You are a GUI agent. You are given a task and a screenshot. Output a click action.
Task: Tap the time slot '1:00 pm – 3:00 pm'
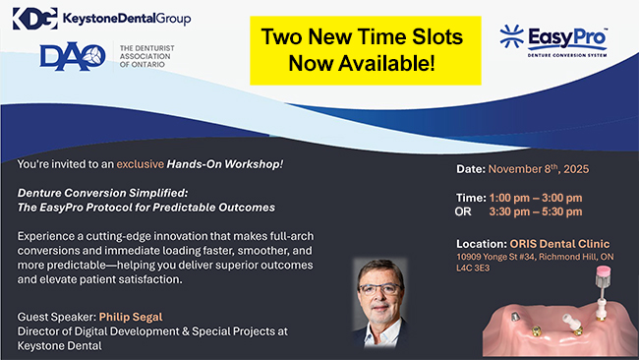[x=534, y=198]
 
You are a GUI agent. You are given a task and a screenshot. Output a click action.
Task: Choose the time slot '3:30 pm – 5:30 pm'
[x=534, y=211]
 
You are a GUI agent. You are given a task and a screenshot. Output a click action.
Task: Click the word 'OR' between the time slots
[x=464, y=211]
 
